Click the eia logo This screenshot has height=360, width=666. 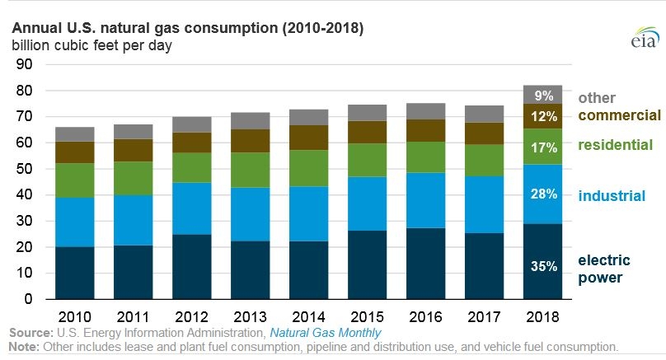[x=645, y=37]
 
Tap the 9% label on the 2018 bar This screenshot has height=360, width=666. [x=544, y=96]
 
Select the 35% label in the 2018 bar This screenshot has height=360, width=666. [x=544, y=266]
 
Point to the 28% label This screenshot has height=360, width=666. [x=544, y=194]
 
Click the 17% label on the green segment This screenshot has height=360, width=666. [x=544, y=147]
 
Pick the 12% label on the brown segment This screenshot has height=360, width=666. [x=544, y=116]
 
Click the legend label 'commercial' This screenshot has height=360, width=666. [x=619, y=115]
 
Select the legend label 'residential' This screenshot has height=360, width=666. [x=615, y=145]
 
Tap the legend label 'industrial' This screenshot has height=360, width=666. [x=612, y=196]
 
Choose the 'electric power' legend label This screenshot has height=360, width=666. [x=604, y=269]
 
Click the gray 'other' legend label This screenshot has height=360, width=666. [x=597, y=98]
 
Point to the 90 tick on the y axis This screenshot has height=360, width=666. [x=24, y=64]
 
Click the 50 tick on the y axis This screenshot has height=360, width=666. [x=24, y=169]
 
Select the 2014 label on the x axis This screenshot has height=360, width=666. [x=308, y=316]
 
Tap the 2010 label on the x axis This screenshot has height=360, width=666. [x=75, y=316]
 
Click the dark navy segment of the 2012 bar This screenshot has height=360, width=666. [x=191, y=267]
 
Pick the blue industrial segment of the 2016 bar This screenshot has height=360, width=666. [x=425, y=200]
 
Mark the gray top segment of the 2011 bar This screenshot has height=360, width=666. [x=134, y=132]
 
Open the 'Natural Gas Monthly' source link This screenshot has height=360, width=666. [x=326, y=333]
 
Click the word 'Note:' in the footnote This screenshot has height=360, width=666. [x=24, y=347]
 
